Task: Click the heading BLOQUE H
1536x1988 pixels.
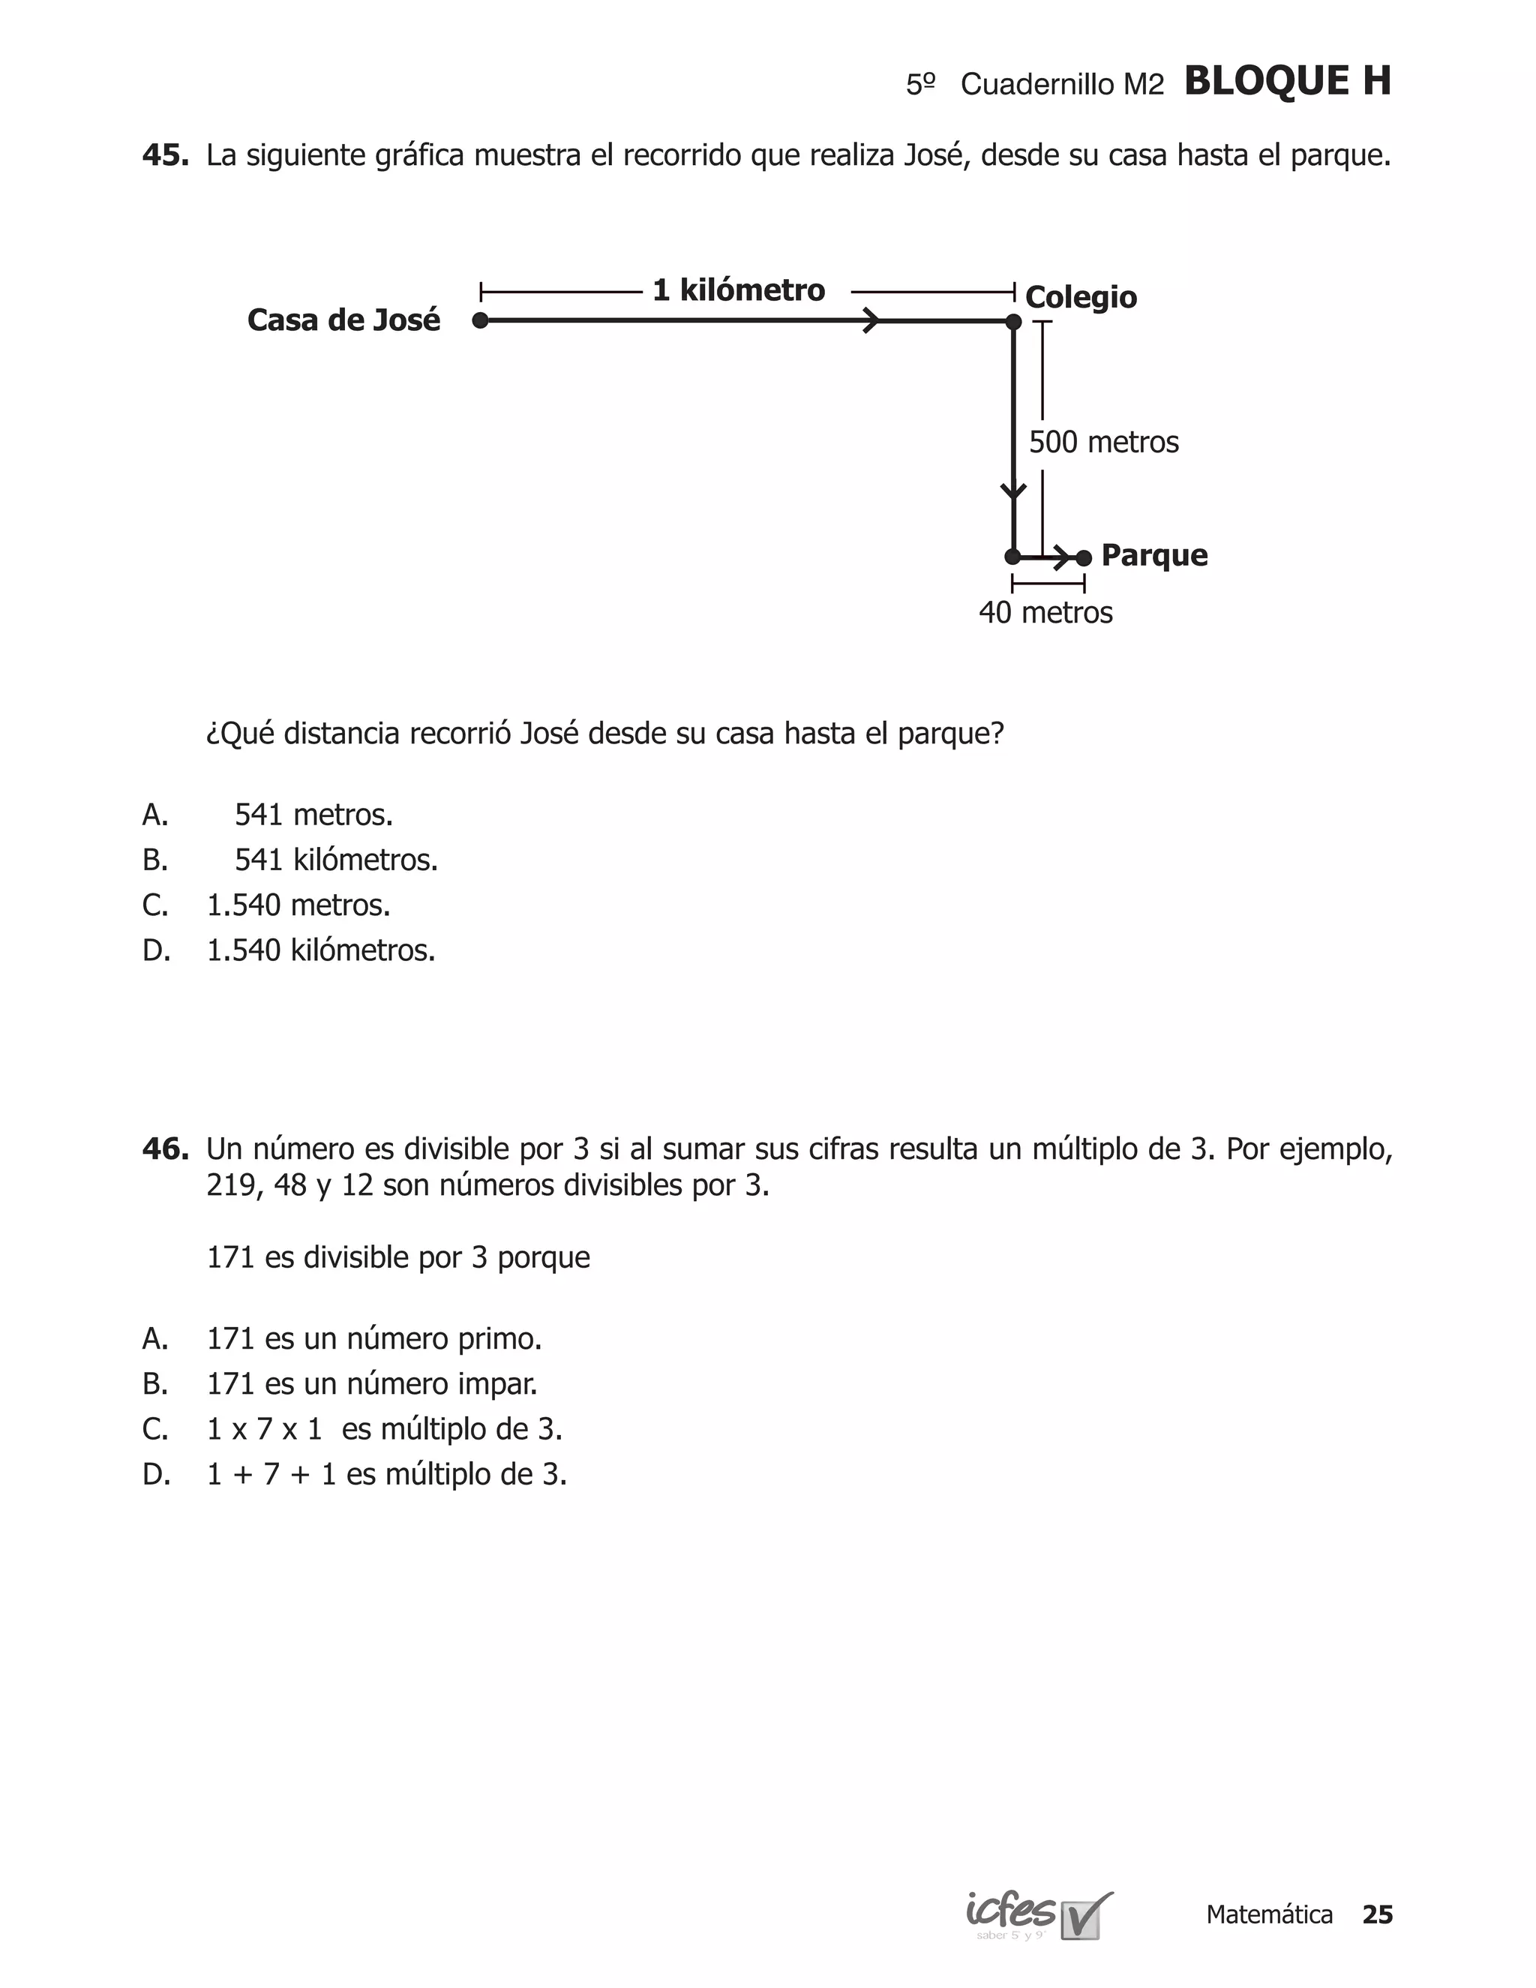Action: pyautogui.click(x=1287, y=82)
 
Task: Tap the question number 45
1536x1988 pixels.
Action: pyautogui.click(x=165, y=155)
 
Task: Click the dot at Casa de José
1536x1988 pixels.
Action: pyautogui.click(x=481, y=320)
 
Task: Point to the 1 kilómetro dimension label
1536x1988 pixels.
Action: pyautogui.click(x=738, y=290)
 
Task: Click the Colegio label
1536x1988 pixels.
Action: pyautogui.click(x=1080, y=298)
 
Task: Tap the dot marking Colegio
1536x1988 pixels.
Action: pyautogui.click(x=1014, y=321)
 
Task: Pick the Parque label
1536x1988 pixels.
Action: pyautogui.click(x=1153, y=555)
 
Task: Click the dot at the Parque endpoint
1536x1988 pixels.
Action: pyautogui.click(x=1084, y=557)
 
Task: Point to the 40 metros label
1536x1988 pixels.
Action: pyautogui.click(x=1045, y=613)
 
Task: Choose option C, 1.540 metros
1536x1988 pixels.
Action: pyautogui.click(x=298, y=905)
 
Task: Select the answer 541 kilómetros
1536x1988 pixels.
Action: pyautogui.click(x=336, y=860)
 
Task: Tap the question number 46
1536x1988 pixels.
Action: pyautogui.click(x=165, y=1149)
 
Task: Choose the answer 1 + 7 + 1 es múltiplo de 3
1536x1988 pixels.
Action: pyautogui.click(x=387, y=1475)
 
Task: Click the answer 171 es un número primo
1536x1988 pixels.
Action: pyautogui.click(x=374, y=1339)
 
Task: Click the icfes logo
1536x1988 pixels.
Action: pyautogui.click(x=1038, y=1916)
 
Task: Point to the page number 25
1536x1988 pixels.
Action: pyautogui.click(x=1377, y=1915)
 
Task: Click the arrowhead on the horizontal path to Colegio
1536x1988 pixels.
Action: pyautogui.click(x=871, y=320)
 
